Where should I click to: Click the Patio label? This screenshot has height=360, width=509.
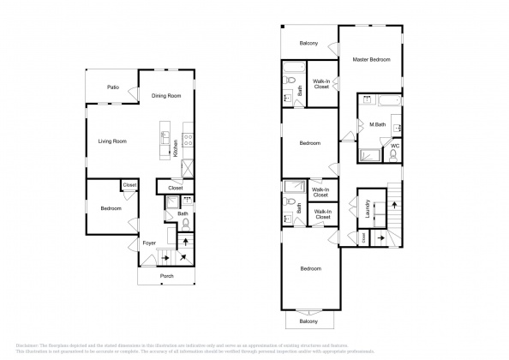112,87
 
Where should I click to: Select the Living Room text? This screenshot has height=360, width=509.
112,141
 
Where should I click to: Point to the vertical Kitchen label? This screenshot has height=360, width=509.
176,147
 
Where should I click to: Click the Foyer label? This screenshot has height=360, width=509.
148,243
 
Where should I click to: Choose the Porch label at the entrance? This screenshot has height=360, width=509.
167,276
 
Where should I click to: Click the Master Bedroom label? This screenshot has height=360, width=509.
372,59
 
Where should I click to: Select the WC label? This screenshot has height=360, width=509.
395,146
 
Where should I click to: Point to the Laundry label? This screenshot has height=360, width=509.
367,211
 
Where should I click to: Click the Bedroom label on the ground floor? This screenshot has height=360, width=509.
111,208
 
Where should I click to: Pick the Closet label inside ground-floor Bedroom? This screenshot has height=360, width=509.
129,184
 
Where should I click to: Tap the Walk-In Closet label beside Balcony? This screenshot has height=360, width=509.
322,83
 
